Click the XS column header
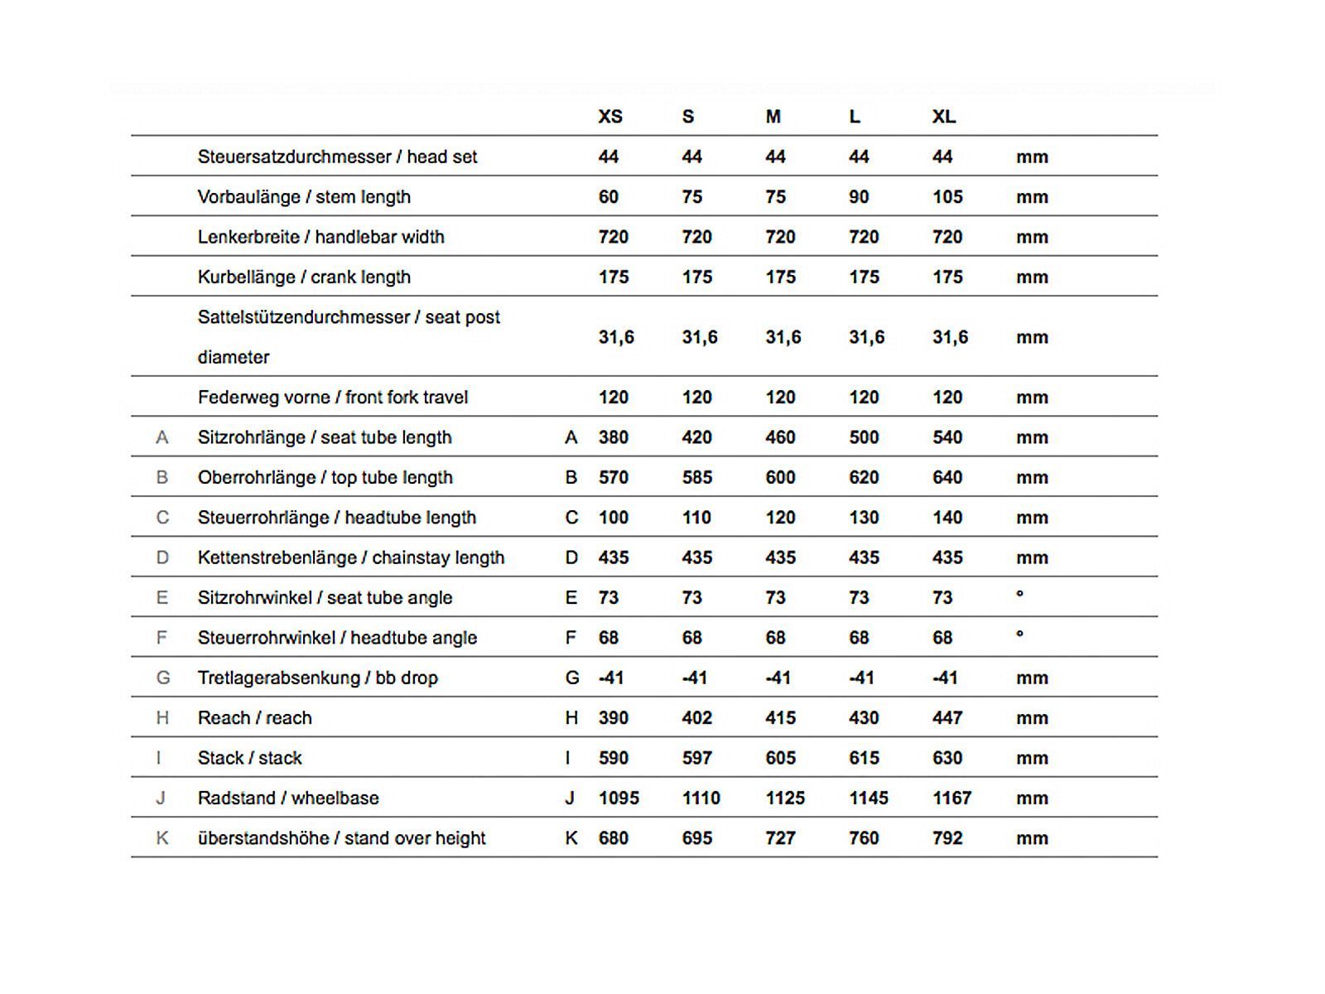[x=610, y=117]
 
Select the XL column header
[x=944, y=117]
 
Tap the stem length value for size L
[x=859, y=197]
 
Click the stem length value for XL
[x=947, y=197]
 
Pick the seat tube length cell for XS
[x=614, y=437]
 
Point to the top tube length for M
[x=780, y=478]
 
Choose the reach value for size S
[x=696, y=718]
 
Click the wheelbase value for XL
[x=952, y=799]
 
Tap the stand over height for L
[x=864, y=838]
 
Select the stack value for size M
[x=780, y=758]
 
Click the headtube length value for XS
[x=614, y=518]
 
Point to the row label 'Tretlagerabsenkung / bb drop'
[x=317, y=678]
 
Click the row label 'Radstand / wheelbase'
[x=288, y=799]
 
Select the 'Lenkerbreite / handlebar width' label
[x=320, y=237]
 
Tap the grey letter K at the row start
[x=162, y=838]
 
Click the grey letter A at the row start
[x=162, y=437]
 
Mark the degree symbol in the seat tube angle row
[x=1019, y=594]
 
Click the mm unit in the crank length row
[x=1032, y=277]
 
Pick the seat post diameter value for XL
[x=950, y=337]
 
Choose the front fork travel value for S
[x=696, y=398]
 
